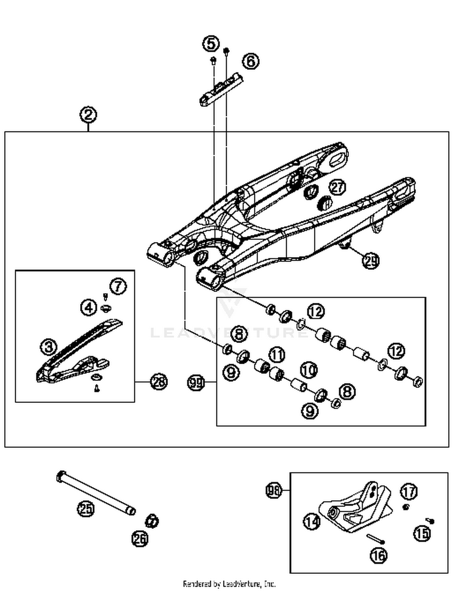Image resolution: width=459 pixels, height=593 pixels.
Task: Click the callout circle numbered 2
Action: (x=88, y=115)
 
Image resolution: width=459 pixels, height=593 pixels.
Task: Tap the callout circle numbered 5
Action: (x=211, y=43)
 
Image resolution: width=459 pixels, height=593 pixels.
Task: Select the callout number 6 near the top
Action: (x=251, y=61)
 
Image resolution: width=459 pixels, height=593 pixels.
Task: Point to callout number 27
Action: (x=337, y=187)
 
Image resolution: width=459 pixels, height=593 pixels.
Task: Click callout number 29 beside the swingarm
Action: (x=371, y=261)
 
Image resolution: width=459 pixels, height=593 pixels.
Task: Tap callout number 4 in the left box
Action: (x=89, y=307)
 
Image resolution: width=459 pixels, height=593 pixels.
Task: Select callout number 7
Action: (x=118, y=286)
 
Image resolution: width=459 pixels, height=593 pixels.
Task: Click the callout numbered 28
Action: (x=159, y=382)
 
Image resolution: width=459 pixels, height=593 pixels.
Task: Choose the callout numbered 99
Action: (x=196, y=383)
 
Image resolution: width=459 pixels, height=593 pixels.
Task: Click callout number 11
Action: (x=277, y=355)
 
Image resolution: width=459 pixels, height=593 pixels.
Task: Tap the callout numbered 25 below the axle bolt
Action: (x=86, y=509)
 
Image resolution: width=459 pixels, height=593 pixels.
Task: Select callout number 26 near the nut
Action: (x=140, y=538)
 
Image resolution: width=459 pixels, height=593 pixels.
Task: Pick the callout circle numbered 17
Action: (x=409, y=492)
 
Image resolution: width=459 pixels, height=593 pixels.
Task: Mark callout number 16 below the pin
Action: (x=379, y=555)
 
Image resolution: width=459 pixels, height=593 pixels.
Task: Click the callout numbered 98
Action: (x=273, y=490)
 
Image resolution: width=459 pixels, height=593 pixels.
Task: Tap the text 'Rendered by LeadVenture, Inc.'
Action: (x=229, y=584)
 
